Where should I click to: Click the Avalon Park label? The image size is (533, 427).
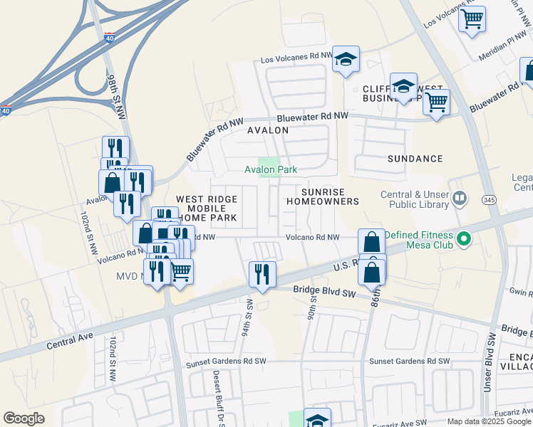point(271,170)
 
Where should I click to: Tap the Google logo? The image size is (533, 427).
point(24,418)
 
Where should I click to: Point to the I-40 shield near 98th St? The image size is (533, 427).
point(109,37)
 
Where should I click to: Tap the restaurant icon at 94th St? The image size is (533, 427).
point(262,274)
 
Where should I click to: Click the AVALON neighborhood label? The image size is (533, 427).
point(268,131)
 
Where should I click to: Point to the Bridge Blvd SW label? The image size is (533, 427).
point(324,290)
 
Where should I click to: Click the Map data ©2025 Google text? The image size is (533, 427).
point(488,421)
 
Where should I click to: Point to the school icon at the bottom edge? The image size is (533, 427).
point(317,418)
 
